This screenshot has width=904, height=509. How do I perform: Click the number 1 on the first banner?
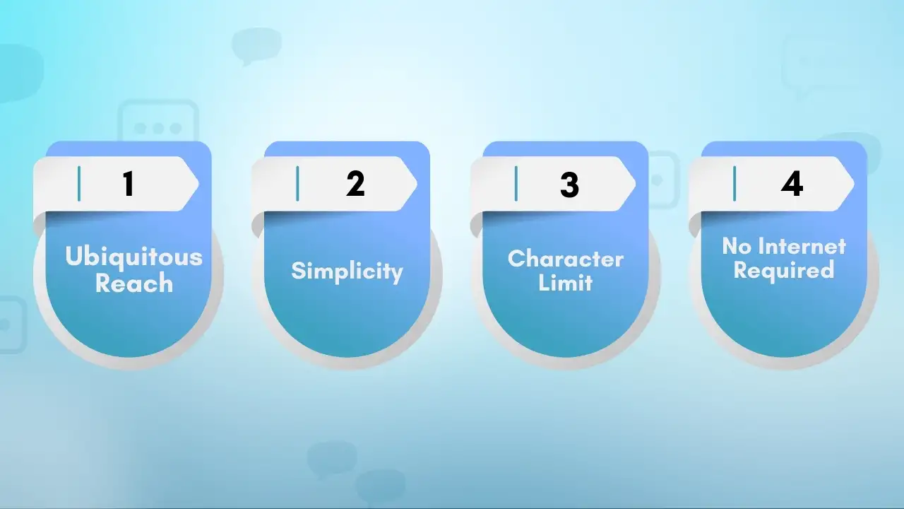pyautogui.click(x=128, y=184)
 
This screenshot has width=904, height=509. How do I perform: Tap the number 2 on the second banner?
pyautogui.click(x=355, y=184)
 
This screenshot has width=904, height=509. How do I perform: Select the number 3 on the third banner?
pyautogui.click(x=569, y=184)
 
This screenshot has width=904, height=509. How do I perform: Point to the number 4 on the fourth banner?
pyautogui.click(x=792, y=184)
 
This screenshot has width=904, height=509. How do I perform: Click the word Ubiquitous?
pyautogui.click(x=133, y=257)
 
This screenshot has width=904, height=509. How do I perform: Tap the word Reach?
pyautogui.click(x=134, y=283)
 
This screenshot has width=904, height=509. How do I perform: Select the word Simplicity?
pyautogui.click(x=347, y=271)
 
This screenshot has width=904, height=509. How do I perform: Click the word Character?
pyautogui.click(x=565, y=259)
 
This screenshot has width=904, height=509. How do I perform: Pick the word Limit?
pyautogui.click(x=565, y=283)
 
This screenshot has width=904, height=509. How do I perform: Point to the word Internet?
pyautogui.click(x=802, y=246)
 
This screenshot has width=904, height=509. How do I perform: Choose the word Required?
pyautogui.click(x=784, y=270)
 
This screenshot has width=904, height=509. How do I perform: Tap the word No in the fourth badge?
pyautogui.click(x=737, y=246)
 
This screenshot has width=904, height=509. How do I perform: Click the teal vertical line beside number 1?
pyautogui.click(x=79, y=184)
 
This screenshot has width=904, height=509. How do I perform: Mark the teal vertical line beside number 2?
pyautogui.click(x=297, y=184)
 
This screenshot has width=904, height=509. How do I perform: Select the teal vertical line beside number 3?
pyautogui.click(x=516, y=184)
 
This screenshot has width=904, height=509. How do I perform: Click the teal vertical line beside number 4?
pyautogui.click(x=734, y=184)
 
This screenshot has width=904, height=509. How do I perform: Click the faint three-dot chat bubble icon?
pyautogui.click(x=158, y=128)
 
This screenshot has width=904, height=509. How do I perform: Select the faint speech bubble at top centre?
pyautogui.click(x=256, y=45)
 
